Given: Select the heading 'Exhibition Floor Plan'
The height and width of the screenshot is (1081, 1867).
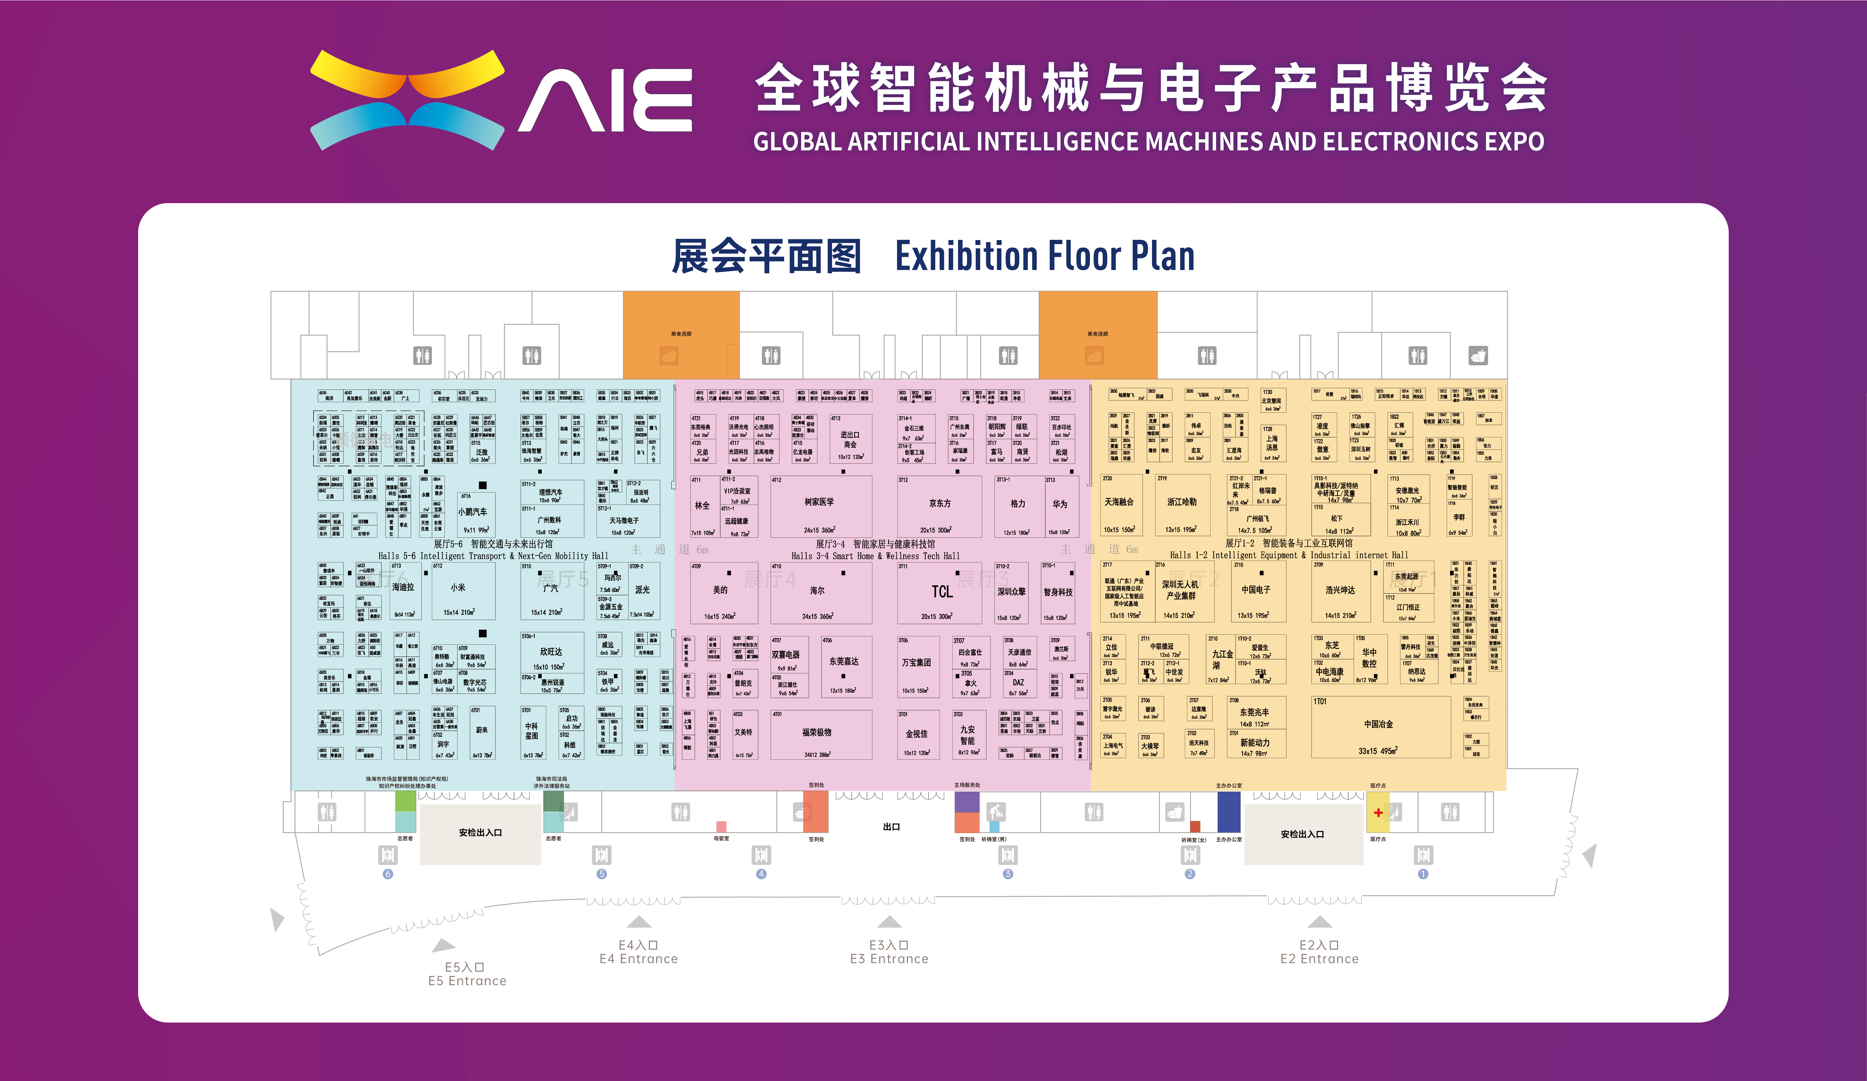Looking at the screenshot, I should coord(1045,256).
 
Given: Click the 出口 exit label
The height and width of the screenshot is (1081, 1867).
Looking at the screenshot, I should coord(891,827).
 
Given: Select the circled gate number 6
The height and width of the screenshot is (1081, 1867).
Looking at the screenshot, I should coord(387,874).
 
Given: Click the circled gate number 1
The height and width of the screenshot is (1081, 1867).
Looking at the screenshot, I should coord(1423,874).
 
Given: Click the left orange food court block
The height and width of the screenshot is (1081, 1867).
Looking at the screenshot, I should coord(681,335).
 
